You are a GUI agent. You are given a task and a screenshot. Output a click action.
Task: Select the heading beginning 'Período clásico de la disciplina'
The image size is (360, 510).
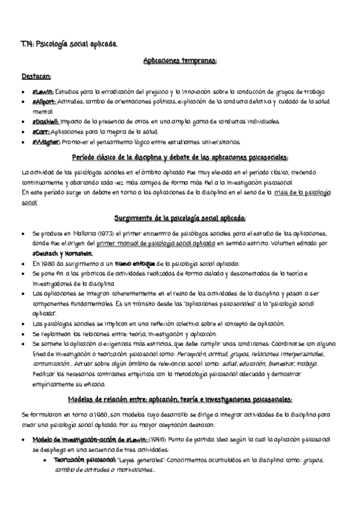pos(180,158)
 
